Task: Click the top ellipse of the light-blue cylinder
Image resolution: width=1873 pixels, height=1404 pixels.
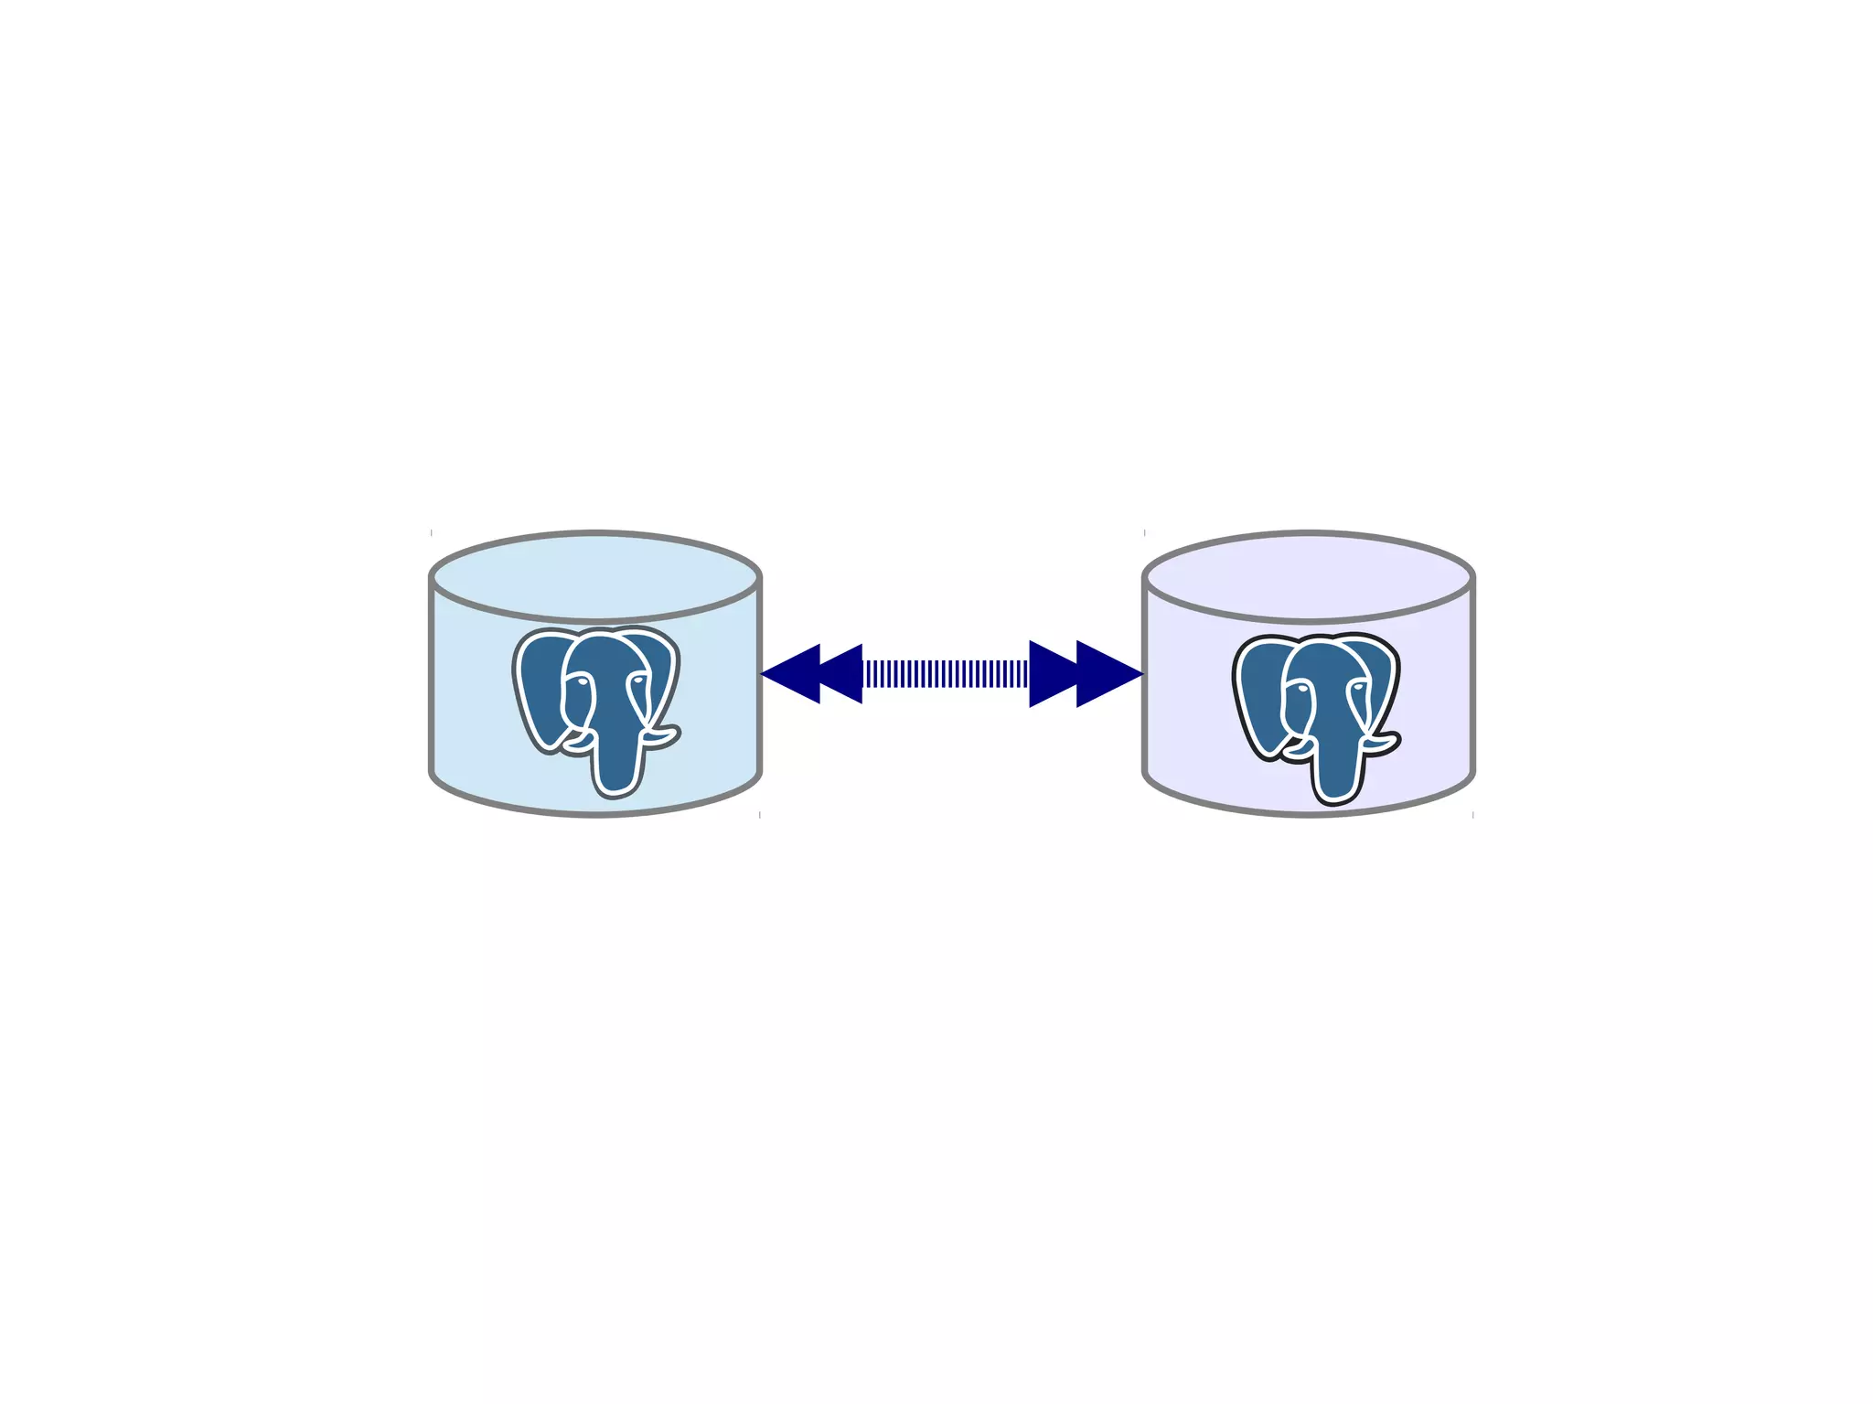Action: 594,576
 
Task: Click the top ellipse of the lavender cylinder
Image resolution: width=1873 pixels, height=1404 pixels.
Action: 1308,576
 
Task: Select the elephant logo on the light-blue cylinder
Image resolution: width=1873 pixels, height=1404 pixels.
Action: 596,709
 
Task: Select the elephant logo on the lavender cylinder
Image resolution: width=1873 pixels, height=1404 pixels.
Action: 1316,716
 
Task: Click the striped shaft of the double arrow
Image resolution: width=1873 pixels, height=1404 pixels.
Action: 946,674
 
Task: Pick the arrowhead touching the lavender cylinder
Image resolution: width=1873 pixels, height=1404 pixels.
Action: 1109,674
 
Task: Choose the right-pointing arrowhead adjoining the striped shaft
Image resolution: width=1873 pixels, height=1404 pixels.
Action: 1052,674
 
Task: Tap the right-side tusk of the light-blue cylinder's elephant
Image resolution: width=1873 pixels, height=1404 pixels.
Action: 662,734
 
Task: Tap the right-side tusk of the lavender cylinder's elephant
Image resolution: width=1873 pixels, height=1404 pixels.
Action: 1382,741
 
